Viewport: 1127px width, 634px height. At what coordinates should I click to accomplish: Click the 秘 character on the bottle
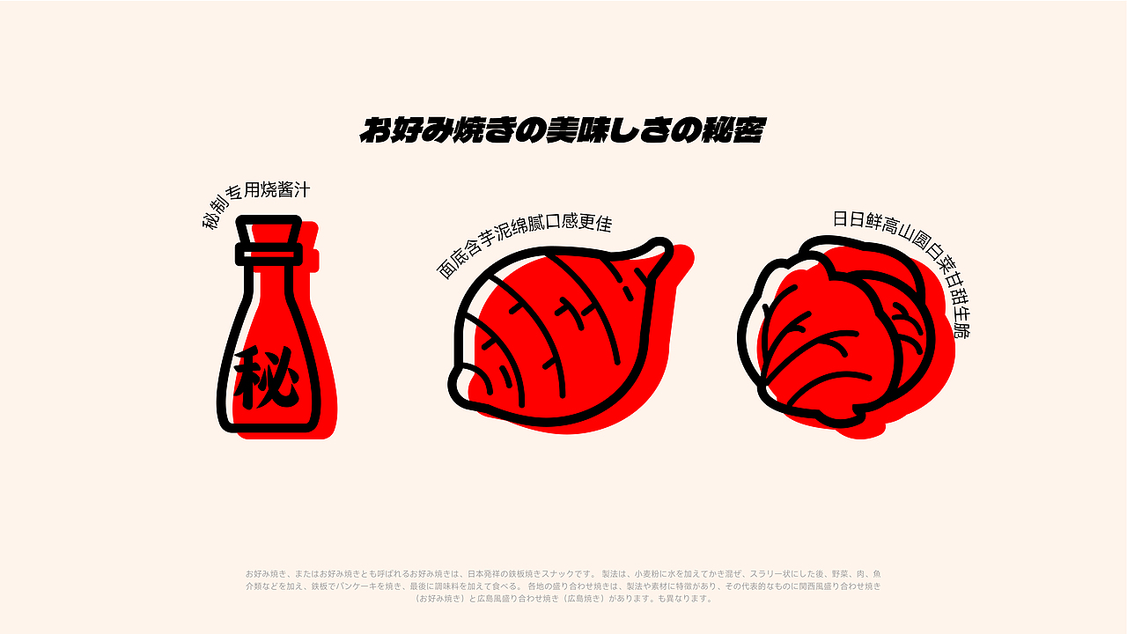[267, 378]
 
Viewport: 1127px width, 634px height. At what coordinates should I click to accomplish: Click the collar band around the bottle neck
[269, 254]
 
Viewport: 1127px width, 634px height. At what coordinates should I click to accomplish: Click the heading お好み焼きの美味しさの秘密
[562, 130]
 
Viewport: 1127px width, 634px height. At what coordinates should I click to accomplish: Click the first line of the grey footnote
[563, 573]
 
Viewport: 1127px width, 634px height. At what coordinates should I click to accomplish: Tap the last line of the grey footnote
[563, 599]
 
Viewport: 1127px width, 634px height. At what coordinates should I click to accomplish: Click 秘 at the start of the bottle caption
[211, 219]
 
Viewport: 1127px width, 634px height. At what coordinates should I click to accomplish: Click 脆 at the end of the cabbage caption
[961, 331]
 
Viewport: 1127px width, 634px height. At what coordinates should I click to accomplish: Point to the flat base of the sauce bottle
[269, 428]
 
